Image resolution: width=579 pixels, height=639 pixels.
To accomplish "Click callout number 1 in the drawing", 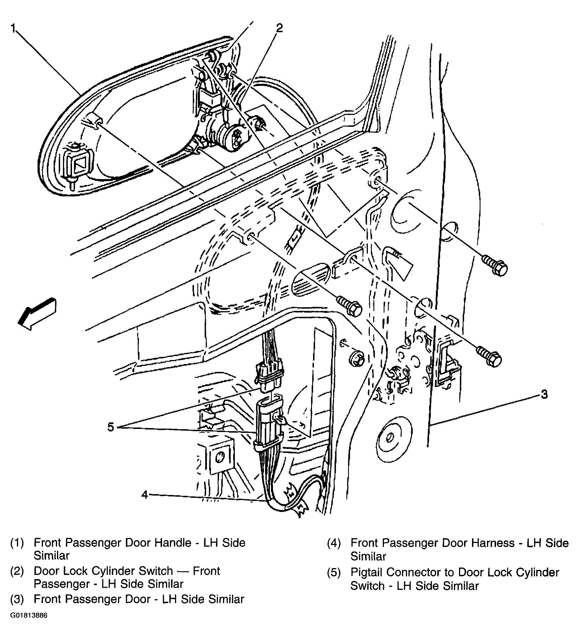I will pyautogui.click(x=13, y=28).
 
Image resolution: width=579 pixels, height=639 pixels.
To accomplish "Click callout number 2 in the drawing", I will pyautogui.click(x=279, y=28).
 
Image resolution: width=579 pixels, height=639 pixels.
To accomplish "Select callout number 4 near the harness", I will pyautogui.click(x=145, y=494).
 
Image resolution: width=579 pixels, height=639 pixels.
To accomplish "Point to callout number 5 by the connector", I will pyautogui.click(x=110, y=427).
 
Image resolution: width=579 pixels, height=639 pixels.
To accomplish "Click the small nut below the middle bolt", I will pyautogui.click(x=357, y=359).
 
